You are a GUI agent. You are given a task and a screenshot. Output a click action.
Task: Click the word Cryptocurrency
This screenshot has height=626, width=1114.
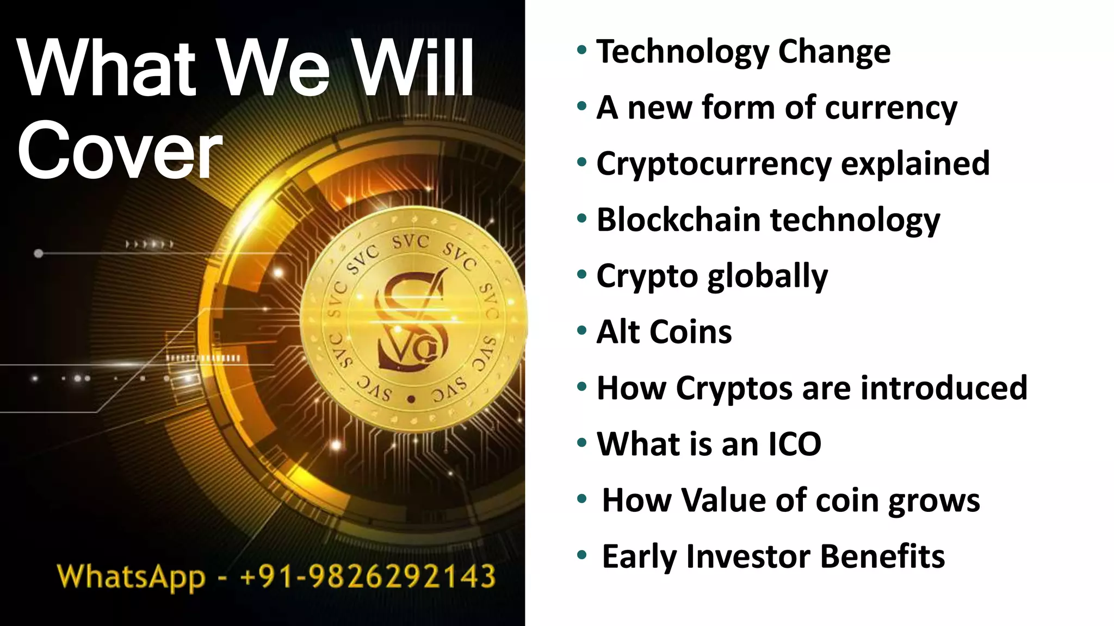pyautogui.click(x=714, y=164)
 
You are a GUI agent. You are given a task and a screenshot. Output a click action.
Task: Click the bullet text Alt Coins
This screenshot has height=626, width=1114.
pyautogui.click(x=664, y=332)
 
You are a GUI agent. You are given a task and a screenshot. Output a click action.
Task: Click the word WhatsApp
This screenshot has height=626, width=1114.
pyautogui.click(x=131, y=578)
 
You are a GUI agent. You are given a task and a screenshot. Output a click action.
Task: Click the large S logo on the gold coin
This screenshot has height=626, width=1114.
pyautogui.click(x=411, y=321)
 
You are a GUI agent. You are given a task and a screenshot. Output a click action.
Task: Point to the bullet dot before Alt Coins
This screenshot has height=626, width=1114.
pyautogui.click(x=582, y=330)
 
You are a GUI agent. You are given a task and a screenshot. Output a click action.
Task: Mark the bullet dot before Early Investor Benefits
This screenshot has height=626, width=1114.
pyautogui.click(x=582, y=555)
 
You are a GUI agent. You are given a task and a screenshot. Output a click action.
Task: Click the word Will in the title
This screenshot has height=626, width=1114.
pyautogui.click(x=413, y=68)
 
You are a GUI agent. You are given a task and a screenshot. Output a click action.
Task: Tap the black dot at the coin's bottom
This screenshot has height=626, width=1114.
pyautogui.click(x=411, y=399)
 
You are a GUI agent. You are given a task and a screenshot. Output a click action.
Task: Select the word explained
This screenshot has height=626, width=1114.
pyautogui.click(x=915, y=164)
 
